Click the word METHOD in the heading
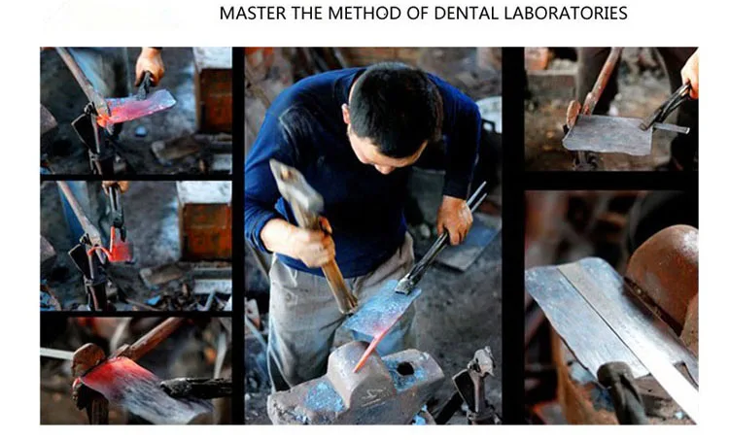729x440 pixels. [x=364, y=13]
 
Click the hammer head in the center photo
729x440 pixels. [x=295, y=185]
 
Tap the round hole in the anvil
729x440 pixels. [x=405, y=369]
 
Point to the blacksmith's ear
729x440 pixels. [x=345, y=113]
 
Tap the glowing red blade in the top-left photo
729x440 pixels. [x=136, y=108]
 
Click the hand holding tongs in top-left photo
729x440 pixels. [x=150, y=65]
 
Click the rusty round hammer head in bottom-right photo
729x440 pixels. [x=665, y=274]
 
